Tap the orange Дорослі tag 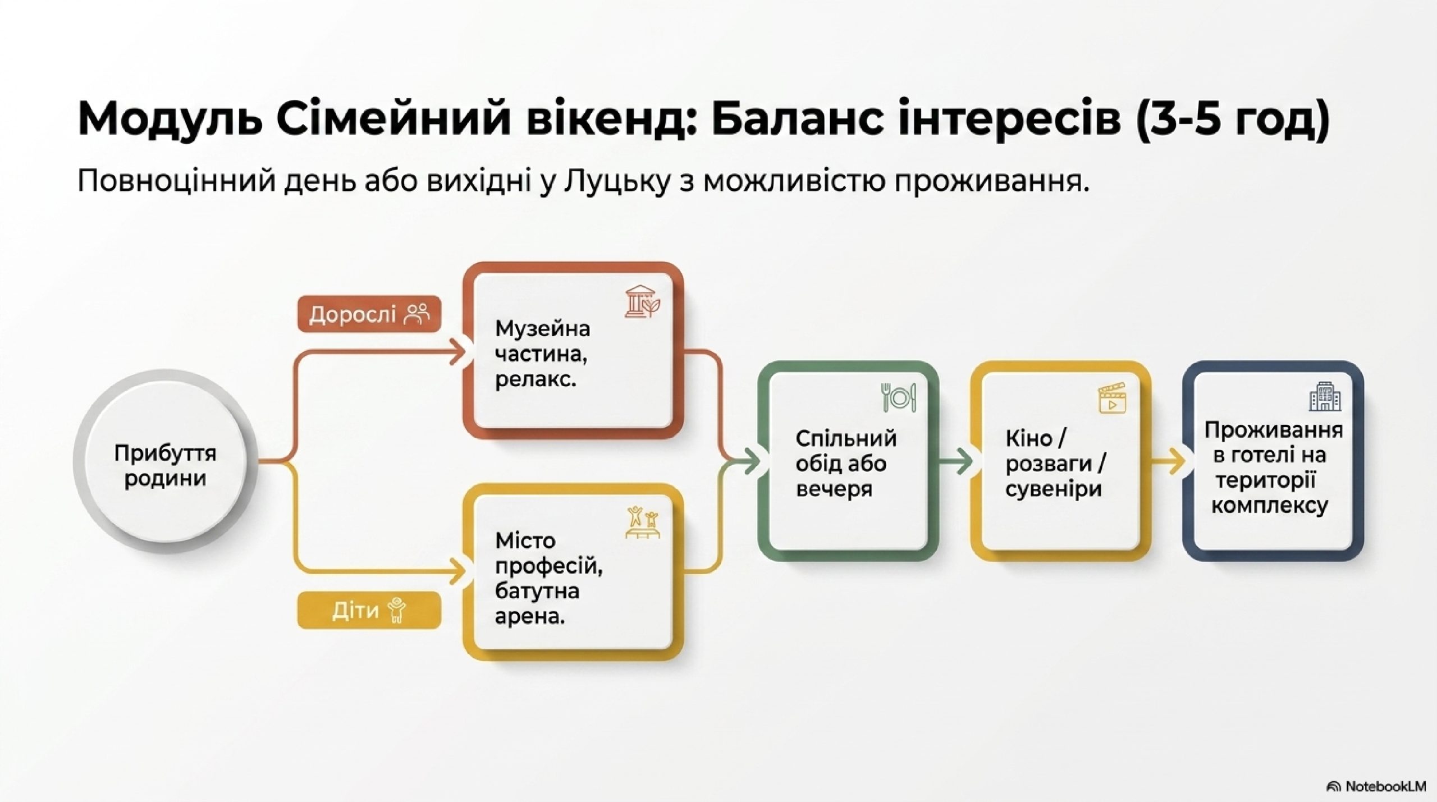tap(369, 314)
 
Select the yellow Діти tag tap(369, 610)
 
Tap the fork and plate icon tap(898, 397)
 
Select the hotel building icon tap(1325, 397)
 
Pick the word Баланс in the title tap(797, 120)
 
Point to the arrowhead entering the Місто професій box tap(458, 572)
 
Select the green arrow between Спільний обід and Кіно tap(955, 462)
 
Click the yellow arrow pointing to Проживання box tap(1168, 462)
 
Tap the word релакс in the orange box tap(535, 381)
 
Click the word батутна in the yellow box tap(537, 591)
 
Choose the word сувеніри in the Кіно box tap(1054, 489)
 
